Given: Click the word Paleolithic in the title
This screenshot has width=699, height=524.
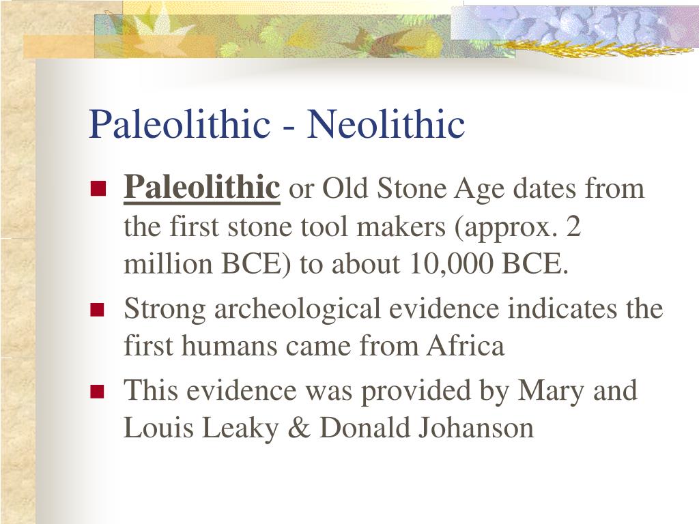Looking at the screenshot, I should (179, 124).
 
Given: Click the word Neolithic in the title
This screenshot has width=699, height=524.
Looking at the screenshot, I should (386, 124).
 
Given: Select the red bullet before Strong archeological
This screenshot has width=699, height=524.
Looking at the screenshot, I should (97, 310).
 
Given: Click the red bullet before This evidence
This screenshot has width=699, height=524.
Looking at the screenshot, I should (97, 392).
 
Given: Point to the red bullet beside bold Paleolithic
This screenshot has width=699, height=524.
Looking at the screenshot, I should (97, 188).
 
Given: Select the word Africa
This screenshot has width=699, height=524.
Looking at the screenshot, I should (466, 346).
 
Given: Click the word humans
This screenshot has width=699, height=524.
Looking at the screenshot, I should (229, 346).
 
